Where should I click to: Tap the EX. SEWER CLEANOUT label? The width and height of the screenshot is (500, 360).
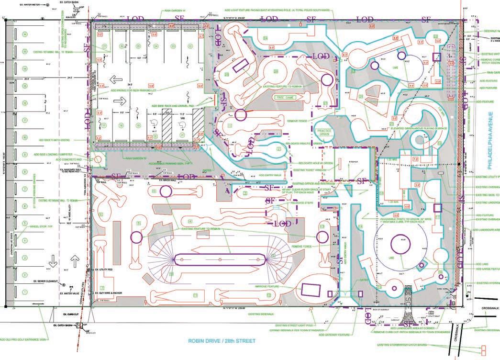click(46, 281)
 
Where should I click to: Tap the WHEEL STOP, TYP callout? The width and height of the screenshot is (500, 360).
click(41, 226)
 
